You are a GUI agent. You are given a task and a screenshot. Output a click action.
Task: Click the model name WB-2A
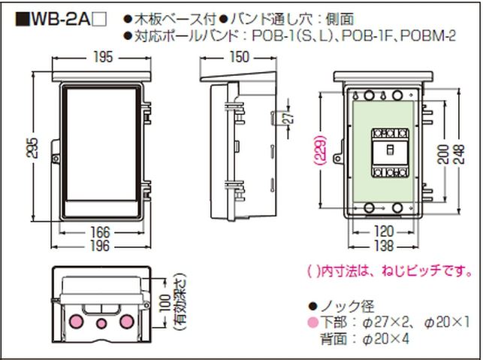point(60,20)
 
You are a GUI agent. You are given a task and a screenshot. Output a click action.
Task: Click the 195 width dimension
point(103,57)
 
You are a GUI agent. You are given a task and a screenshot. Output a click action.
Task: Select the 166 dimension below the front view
point(100,233)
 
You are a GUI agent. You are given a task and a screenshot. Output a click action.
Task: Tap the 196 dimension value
point(100,246)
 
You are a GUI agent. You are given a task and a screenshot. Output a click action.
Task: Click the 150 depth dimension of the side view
point(240,57)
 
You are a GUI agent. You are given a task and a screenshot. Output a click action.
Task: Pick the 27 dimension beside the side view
point(289,116)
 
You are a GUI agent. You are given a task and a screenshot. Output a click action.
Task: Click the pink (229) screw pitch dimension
point(321,149)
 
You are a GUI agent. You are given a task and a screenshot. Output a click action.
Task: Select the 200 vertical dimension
point(443,154)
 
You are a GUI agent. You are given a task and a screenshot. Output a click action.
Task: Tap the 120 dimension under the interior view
point(384,231)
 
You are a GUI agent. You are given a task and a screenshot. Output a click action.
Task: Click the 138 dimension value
point(384,246)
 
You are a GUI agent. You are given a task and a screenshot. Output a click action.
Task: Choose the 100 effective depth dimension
point(165,303)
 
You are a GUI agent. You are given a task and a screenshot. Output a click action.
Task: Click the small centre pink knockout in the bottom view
point(101,324)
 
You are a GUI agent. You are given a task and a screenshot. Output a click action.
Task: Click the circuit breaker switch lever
point(390,150)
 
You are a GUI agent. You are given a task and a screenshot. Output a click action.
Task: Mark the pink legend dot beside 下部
point(313,322)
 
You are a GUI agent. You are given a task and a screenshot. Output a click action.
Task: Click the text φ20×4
point(385,340)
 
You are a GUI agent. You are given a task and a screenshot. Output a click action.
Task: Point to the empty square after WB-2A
point(100,20)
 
